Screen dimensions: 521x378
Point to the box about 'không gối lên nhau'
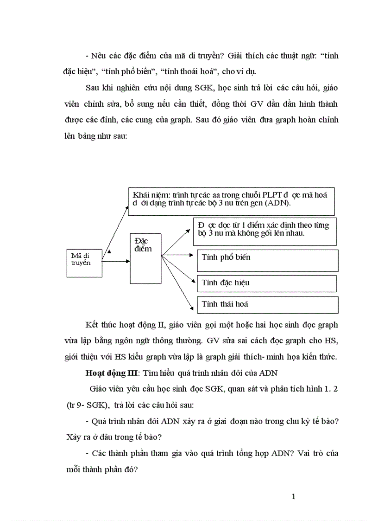[265, 231]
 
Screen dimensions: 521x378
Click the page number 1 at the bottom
[293, 497]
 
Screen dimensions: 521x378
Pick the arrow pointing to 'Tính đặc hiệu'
[178, 269]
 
